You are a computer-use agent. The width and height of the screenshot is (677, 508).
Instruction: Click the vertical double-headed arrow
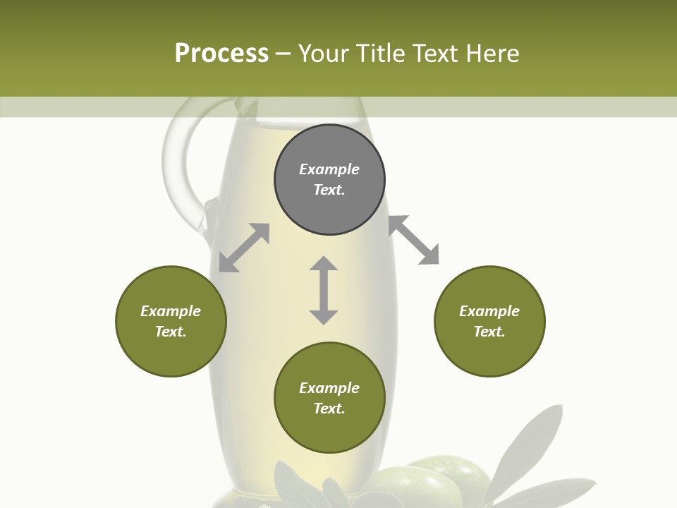click(x=324, y=290)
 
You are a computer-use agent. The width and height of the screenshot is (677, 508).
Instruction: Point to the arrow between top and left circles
click(x=244, y=248)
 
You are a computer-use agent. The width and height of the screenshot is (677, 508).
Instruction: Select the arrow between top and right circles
click(x=413, y=240)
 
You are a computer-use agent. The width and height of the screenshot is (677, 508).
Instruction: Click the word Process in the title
click(x=221, y=53)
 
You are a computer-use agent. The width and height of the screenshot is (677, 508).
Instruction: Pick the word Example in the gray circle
click(x=329, y=169)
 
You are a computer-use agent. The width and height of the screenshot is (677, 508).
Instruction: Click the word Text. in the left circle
click(x=171, y=332)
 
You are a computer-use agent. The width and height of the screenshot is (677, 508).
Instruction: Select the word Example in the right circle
click(x=489, y=311)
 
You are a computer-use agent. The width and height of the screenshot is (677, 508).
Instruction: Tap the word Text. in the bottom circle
click(x=329, y=409)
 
